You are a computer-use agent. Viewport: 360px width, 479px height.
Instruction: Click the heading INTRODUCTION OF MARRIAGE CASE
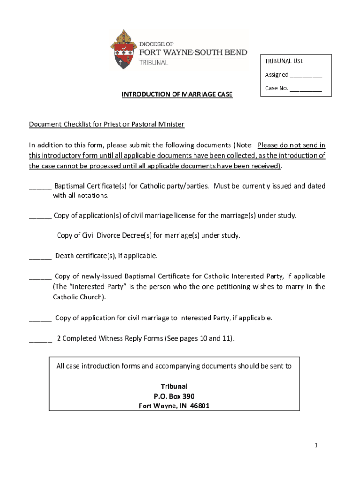[x=177, y=94]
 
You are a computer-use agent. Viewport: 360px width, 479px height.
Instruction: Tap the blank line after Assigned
[x=306, y=75]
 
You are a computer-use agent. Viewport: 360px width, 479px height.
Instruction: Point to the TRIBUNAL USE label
[x=284, y=61]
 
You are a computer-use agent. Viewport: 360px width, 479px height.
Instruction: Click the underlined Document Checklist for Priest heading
[x=107, y=124]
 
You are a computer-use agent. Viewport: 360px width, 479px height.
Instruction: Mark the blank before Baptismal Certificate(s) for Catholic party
[x=40, y=186]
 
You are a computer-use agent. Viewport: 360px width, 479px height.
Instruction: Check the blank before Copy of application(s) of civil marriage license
[x=40, y=216]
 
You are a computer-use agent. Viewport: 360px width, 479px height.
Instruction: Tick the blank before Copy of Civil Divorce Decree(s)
[x=40, y=236]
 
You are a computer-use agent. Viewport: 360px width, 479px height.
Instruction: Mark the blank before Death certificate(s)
[x=40, y=256]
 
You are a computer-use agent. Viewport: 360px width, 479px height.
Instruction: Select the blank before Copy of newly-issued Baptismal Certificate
[x=40, y=276]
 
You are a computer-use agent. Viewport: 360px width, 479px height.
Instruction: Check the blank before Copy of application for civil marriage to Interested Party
[x=40, y=318]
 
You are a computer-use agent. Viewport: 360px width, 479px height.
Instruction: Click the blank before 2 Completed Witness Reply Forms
[x=40, y=339]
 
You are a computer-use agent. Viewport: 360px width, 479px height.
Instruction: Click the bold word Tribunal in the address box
[x=174, y=386]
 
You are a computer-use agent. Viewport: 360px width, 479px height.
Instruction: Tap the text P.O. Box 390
[x=174, y=396]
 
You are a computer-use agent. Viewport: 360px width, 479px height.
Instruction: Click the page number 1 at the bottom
[x=316, y=446]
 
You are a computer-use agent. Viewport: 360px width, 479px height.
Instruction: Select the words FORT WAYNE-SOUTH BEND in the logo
[x=193, y=52]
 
